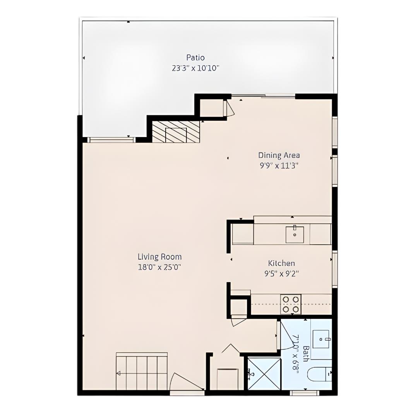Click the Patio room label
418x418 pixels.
195,58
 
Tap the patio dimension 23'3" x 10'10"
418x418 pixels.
195,69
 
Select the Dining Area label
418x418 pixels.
279,155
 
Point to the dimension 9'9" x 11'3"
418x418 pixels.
279,166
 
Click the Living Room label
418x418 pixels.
159,257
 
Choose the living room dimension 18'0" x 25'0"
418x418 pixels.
159,267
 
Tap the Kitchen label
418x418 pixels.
281,263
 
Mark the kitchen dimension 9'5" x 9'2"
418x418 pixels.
281,274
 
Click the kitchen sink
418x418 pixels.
295,235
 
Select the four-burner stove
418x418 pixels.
291,304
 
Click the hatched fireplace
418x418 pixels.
176,132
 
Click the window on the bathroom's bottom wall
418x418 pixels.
304,393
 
